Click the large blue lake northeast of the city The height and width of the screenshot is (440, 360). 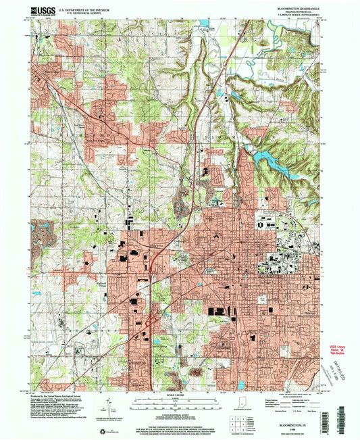tap(269, 160)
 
